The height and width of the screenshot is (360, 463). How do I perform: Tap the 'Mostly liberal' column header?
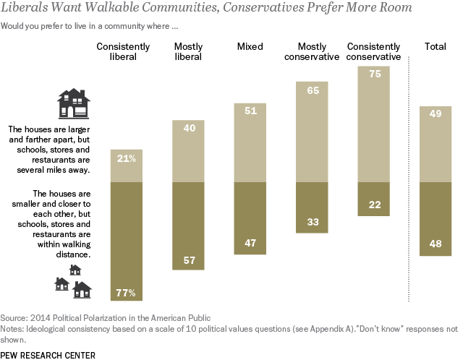pos(187,51)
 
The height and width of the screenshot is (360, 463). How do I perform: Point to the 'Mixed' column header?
pos(250,46)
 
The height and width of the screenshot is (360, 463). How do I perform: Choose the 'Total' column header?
pos(436,46)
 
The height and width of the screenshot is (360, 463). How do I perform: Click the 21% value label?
pos(126,158)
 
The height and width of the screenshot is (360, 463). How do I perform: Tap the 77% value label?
pos(126,293)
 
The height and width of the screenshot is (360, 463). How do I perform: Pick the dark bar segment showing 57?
pos(187,226)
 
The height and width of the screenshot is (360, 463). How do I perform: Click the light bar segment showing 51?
pos(250,142)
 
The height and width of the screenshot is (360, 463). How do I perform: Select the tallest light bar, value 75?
pos(374,124)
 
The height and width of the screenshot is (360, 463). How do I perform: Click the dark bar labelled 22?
pos(374,199)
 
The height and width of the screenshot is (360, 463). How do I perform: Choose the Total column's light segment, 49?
pos(436,144)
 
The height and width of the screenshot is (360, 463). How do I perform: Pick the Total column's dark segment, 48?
pos(436,219)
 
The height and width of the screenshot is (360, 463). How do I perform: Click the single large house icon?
pos(72,104)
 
